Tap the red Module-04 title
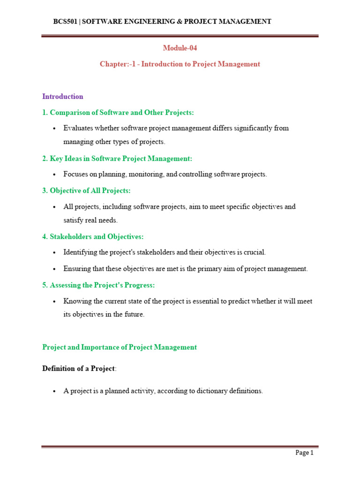(x=180, y=48)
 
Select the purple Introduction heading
(x=63, y=97)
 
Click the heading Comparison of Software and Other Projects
(x=118, y=112)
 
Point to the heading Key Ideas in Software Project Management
(x=117, y=158)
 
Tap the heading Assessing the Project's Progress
(x=98, y=285)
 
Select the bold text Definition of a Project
(x=78, y=368)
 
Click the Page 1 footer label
(x=304, y=453)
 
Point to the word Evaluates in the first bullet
(x=79, y=128)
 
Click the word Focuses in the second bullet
(x=76, y=174)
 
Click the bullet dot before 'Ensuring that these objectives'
(x=55, y=269)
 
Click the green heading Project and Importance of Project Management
(x=120, y=347)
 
